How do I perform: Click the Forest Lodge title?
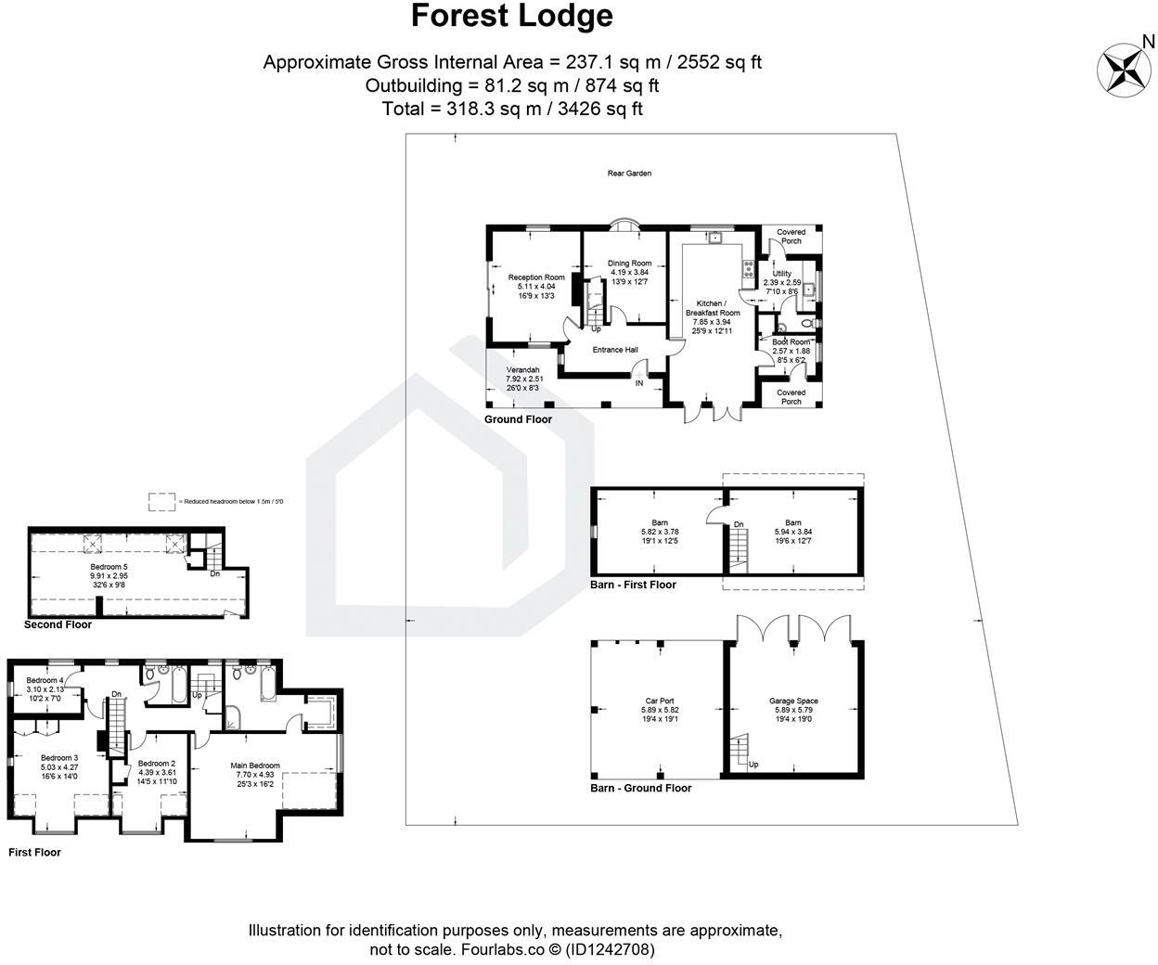[512, 17]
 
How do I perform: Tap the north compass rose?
[1126, 68]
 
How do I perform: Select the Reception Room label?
[536, 277]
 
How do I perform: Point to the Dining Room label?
[629, 264]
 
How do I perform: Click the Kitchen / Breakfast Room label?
[712, 308]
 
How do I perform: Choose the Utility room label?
[782, 274]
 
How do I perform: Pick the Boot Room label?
[791, 342]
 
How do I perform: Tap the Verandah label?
[522, 370]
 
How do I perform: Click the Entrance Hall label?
[615, 350]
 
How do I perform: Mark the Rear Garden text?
[629, 174]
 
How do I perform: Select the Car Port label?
[660, 701]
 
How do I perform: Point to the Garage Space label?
[793, 701]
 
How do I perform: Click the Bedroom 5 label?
[109, 567]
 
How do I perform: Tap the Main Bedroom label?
[255, 766]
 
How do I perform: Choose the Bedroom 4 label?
[45, 681]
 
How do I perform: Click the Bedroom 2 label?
[157, 763]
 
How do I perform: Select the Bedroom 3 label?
[59, 758]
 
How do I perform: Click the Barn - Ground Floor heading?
[640, 788]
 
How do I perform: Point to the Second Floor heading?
[58, 624]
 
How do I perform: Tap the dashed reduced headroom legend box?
[161, 501]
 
